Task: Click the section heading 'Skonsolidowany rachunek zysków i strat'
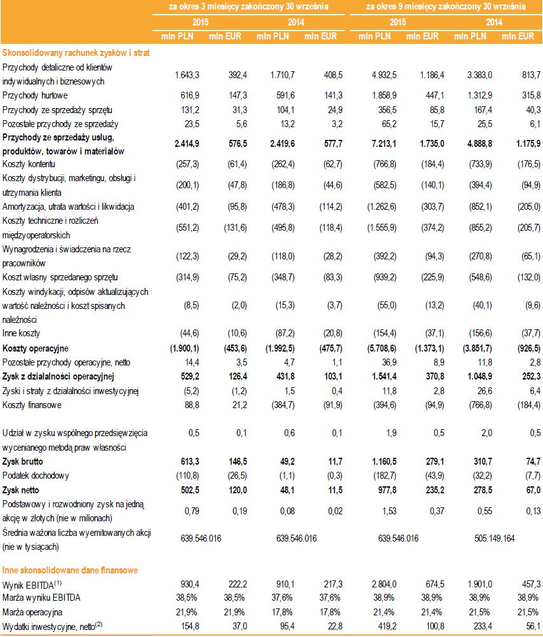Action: tap(76, 53)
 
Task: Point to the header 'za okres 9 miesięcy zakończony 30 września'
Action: tap(446, 7)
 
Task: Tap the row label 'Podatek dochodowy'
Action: tap(36, 476)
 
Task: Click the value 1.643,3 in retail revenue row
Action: tap(187, 74)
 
